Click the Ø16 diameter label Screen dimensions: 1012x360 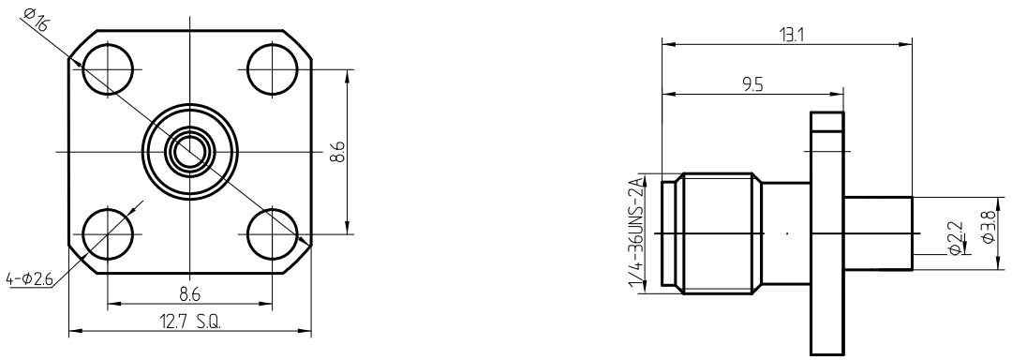pyautogui.click(x=37, y=20)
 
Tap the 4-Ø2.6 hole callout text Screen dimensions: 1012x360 pyautogui.click(x=28, y=280)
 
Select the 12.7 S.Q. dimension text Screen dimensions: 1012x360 pyautogui.click(x=189, y=322)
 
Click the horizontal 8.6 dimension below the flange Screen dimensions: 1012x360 pyautogui.click(x=189, y=294)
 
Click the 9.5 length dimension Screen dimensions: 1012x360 pyautogui.click(x=753, y=86)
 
